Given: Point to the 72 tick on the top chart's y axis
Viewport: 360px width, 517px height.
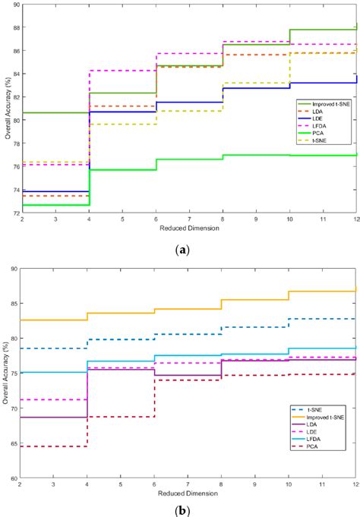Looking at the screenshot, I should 14,213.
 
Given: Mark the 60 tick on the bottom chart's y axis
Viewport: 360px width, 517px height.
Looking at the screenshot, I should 14,478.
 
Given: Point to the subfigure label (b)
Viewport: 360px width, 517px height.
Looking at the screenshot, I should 180,510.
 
